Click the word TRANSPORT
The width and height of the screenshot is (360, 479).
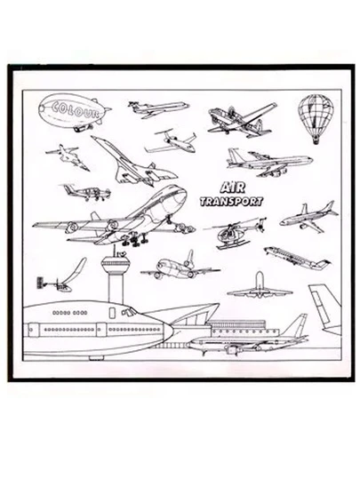pyautogui.click(x=232, y=202)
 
